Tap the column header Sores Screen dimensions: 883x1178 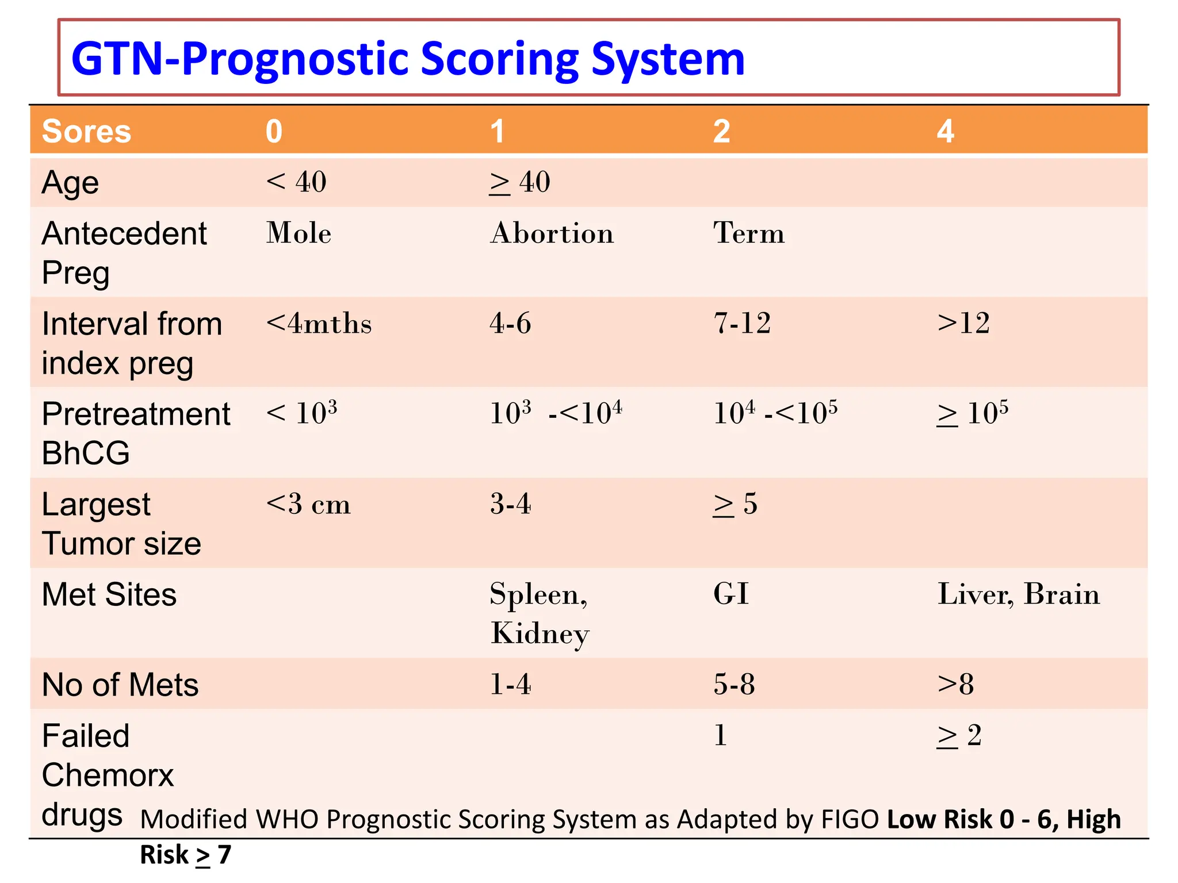pyautogui.click(x=86, y=131)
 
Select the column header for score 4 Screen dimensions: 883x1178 pyautogui.click(x=945, y=131)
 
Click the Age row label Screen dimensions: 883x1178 pyautogui.click(x=70, y=183)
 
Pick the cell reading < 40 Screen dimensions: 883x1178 pyautogui.click(x=296, y=182)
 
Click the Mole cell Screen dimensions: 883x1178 pyautogui.click(x=299, y=233)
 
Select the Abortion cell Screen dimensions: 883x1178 pyautogui.click(x=552, y=233)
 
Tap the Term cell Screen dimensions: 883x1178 pyautogui.click(x=749, y=233)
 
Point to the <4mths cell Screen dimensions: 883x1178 pyautogui.click(x=319, y=324)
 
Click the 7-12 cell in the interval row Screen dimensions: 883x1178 pyautogui.click(x=742, y=323)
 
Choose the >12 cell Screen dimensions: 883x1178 pyautogui.click(x=963, y=323)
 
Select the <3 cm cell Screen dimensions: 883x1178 pyautogui.click(x=308, y=504)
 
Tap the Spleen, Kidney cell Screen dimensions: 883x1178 pyautogui.click(x=540, y=613)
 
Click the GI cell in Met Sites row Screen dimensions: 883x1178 pyautogui.click(x=731, y=594)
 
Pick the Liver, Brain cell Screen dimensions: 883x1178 pyautogui.click(x=1018, y=594)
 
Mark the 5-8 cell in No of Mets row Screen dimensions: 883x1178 pyautogui.click(x=734, y=684)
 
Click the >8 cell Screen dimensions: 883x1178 pyautogui.click(x=955, y=684)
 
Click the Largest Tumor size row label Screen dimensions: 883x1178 pyautogui.click(x=121, y=524)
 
